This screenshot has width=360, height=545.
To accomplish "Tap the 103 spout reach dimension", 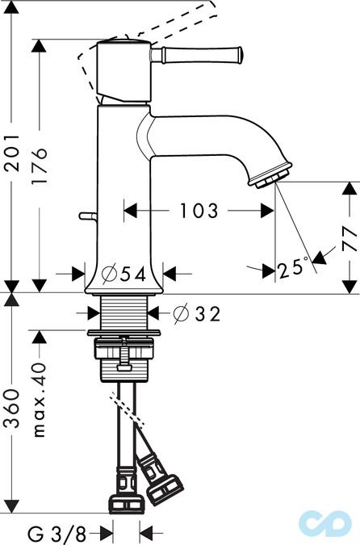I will point(199,212).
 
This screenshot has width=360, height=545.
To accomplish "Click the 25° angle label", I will point(293,266).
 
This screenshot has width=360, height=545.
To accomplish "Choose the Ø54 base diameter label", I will point(124,274).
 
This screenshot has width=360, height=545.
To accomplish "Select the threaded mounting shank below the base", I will point(123,312).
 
